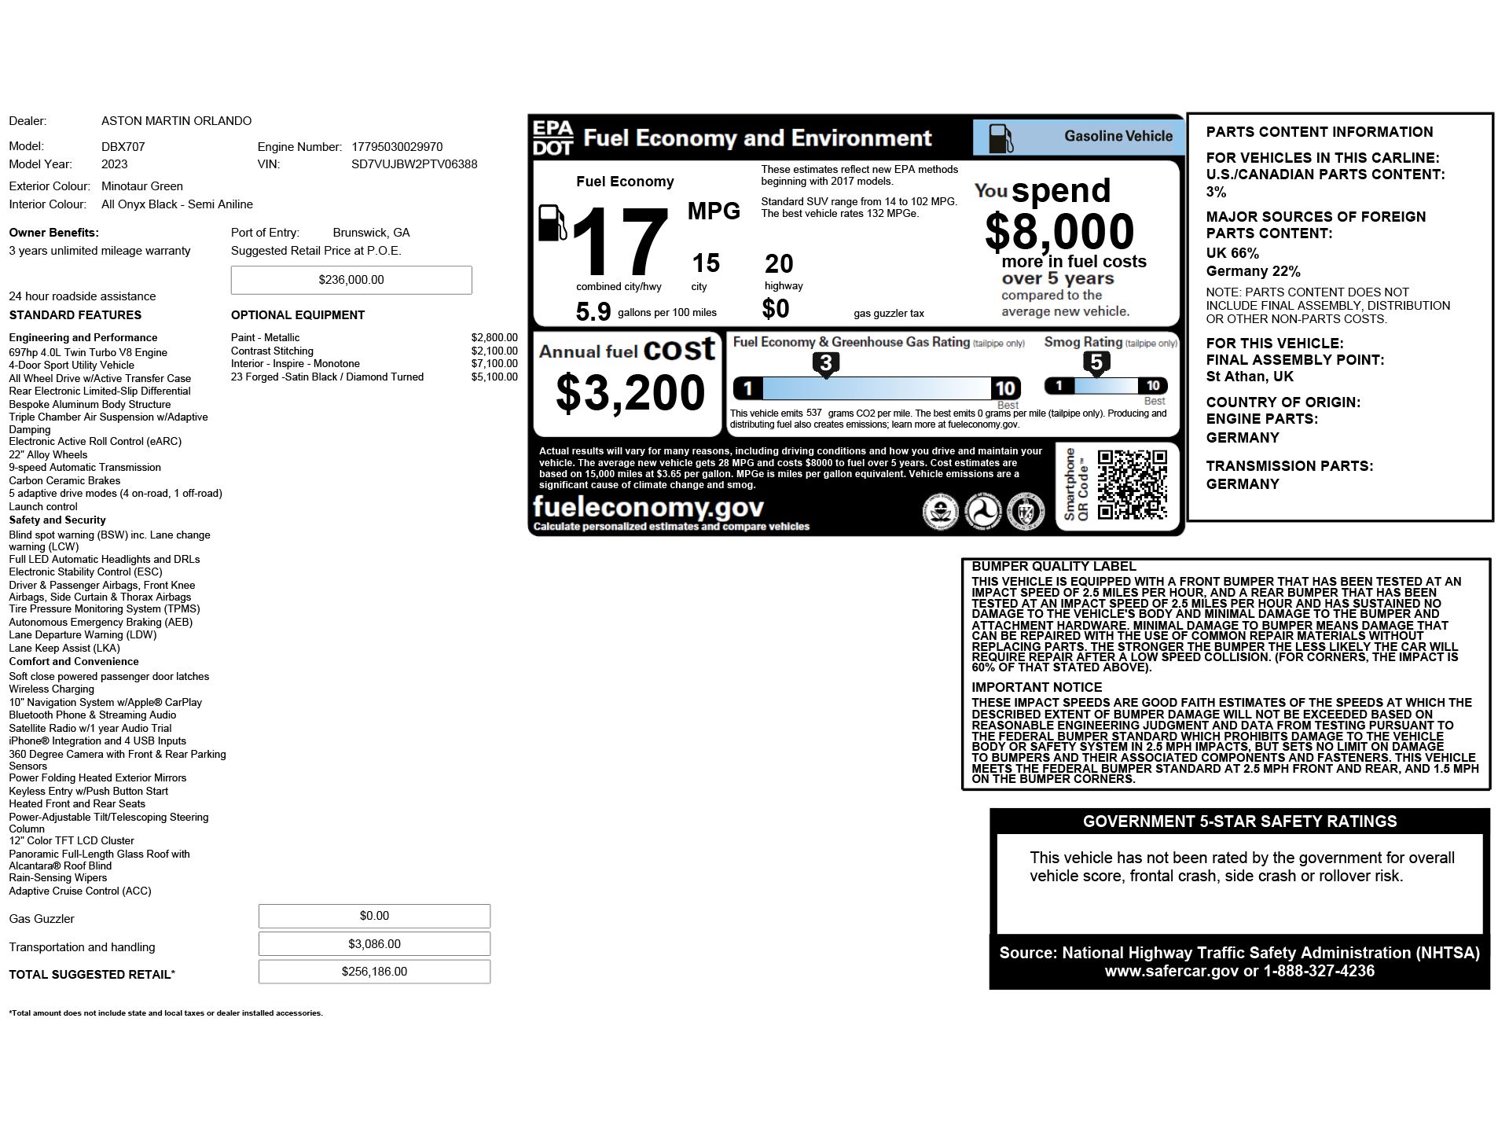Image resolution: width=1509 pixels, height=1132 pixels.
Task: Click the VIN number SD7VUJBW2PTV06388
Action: click(x=414, y=164)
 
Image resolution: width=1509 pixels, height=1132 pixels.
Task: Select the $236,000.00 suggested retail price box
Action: click(x=351, y=280)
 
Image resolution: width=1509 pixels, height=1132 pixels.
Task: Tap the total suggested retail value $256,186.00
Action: click(x=374, y=972)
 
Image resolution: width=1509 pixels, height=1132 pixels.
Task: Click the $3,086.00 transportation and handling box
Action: click(x=374, y=944)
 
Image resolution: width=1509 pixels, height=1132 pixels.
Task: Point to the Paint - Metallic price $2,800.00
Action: click(x=494, y=338)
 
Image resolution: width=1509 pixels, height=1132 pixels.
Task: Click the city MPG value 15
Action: click(x=706, y=263)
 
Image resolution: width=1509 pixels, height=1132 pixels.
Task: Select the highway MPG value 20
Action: click(x=779, y=264)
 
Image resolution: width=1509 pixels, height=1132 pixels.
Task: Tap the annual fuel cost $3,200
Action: click(x=630, y=393)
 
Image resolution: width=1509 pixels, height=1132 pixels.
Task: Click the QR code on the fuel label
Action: click(x=1132, y=484)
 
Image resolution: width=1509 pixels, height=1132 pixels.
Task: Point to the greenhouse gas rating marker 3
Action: click(x=825, y=364)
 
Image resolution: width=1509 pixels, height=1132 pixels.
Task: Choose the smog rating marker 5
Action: click(x=1096, y=362)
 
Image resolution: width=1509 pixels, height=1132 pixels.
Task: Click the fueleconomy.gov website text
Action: click(x=648, y=506)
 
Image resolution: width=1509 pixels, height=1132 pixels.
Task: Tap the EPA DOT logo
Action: click(x=553, y=138)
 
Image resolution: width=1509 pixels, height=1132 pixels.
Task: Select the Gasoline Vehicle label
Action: click(x=1118, y=137)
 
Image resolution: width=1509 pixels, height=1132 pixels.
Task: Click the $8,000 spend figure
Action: click(x=1059, y=231)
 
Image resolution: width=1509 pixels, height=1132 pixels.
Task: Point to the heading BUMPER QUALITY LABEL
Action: click(x=1054, y=566)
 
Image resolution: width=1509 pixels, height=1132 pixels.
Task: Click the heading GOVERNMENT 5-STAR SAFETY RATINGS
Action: click(x=1239, y=821)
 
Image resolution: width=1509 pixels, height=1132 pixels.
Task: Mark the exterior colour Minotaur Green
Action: click(x=142, y=186)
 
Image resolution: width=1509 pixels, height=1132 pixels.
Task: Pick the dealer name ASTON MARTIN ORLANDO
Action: click(x=176, y=121)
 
